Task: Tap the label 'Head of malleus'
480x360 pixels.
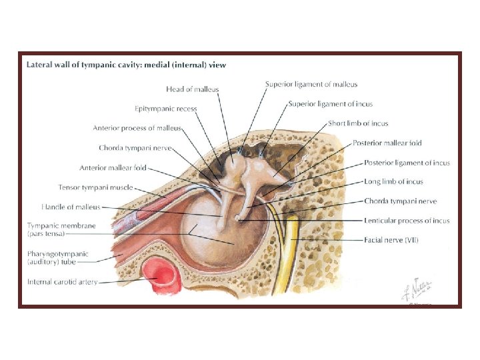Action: click(192, 89)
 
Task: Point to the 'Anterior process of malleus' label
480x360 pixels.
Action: click(137, 128)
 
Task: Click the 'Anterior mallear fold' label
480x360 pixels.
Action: click(112, 168)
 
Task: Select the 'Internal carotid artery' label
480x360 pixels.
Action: click(62, 282)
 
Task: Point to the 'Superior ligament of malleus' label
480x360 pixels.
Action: click(311, 85)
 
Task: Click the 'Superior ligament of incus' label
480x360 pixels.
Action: click(330, 104)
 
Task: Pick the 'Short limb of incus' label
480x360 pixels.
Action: click(358, 123)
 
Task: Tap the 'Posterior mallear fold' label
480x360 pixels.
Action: click(387, 143)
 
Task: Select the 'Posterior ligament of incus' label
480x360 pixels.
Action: click(407, 163)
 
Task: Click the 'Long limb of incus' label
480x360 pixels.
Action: click(393, 181)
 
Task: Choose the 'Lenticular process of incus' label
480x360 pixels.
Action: click(407, 221)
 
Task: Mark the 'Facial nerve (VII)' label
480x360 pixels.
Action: click(392, 239)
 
